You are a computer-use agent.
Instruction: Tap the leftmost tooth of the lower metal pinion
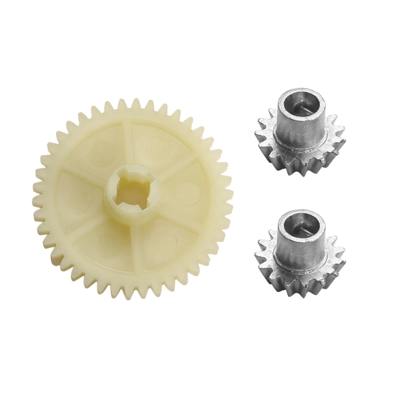click(x=257, y=254)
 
